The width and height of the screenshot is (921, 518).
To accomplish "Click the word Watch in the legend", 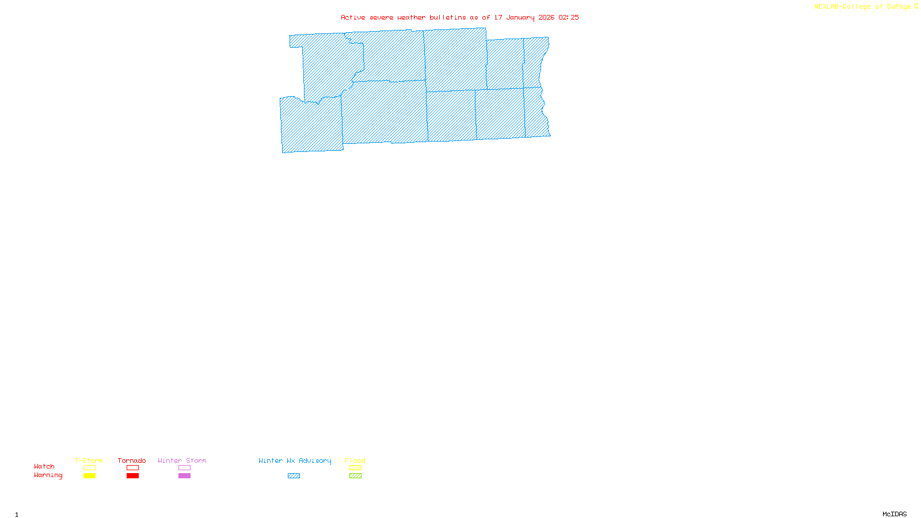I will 44,466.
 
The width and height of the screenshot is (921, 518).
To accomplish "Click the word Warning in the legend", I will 48,475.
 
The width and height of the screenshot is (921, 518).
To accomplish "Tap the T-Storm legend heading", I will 89,460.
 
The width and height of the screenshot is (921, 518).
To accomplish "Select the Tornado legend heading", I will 132,460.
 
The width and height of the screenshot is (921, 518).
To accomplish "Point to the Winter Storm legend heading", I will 182,460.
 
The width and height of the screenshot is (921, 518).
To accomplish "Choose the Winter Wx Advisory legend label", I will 295,460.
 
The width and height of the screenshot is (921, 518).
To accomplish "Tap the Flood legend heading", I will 355,460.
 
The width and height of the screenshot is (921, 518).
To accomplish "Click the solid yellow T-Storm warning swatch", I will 89,476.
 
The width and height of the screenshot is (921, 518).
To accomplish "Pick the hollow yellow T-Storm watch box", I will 89,468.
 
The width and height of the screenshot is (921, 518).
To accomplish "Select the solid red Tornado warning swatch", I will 132,476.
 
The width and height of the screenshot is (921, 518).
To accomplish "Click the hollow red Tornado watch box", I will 132,468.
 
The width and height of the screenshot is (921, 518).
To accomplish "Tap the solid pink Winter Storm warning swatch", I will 184,476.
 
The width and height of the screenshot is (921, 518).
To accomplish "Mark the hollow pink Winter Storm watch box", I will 184,468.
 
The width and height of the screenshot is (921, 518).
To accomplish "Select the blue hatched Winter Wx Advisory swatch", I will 294,476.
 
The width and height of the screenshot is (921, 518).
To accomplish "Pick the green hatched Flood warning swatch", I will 355,476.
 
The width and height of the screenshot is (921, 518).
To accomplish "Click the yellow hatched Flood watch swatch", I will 355,468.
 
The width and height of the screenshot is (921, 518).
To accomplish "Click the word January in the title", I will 520,17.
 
